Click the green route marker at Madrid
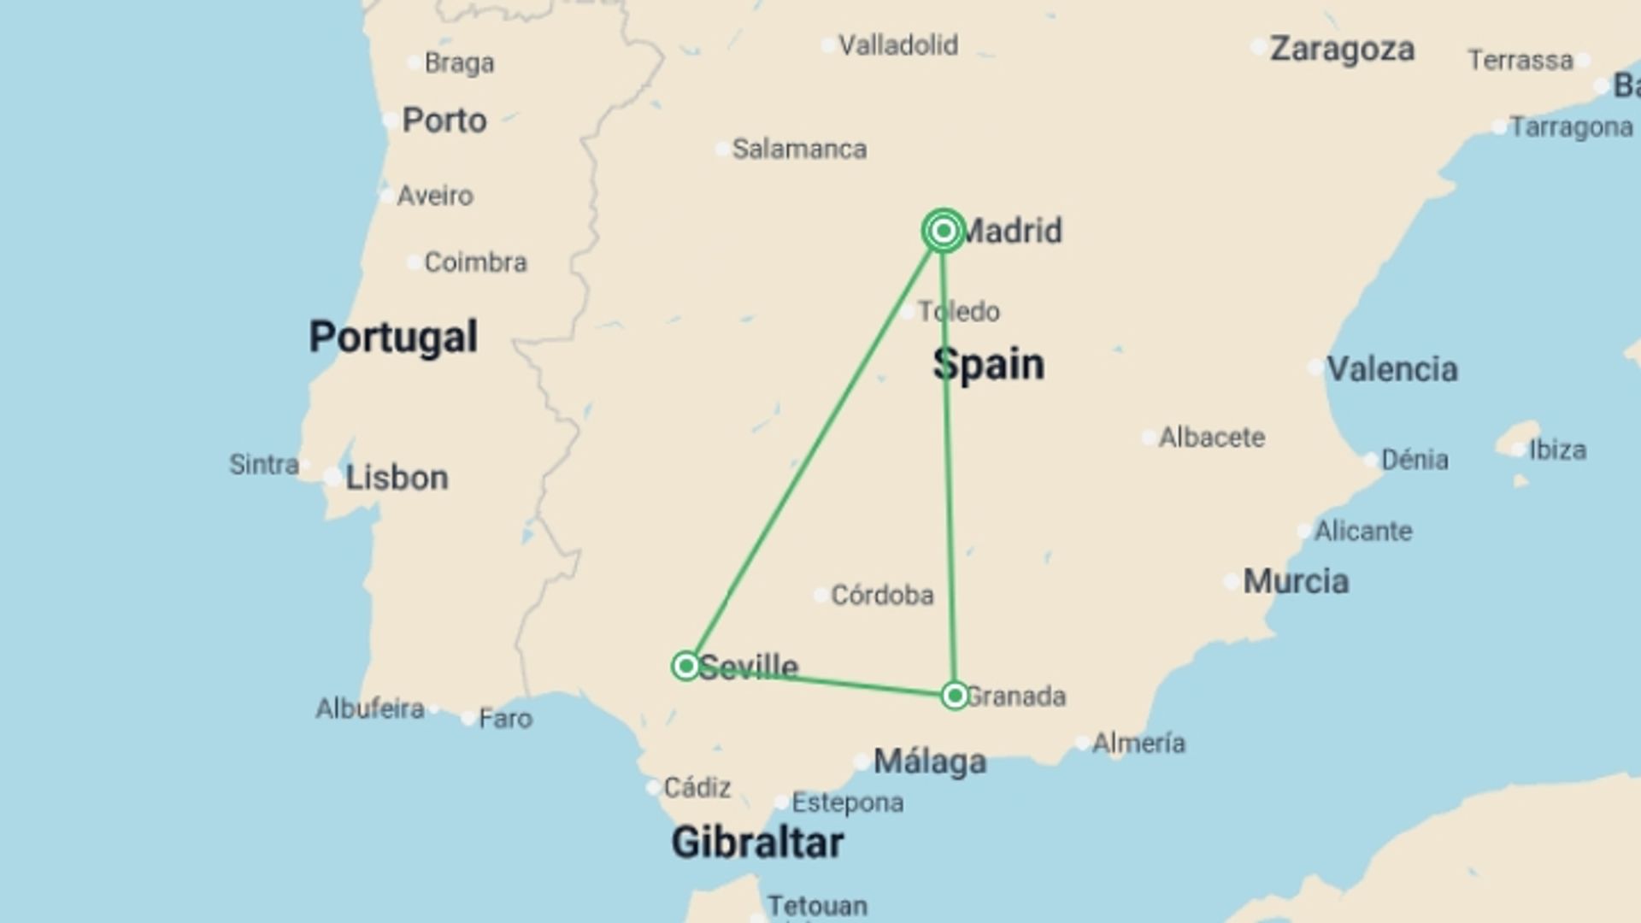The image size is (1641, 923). point(944,231)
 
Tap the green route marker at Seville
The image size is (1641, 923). point(685,666)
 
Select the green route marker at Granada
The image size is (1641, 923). point(955,695)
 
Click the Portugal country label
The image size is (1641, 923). point(393,337)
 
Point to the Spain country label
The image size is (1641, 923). point(989,365)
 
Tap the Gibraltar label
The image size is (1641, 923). point(757,843)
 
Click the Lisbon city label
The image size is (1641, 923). point(397,478)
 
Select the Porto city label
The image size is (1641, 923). point(444,121)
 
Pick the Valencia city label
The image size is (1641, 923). point(1391,369)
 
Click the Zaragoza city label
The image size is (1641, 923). point(1342,49)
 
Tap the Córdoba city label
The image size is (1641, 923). point(882,595)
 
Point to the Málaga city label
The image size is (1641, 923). point(930,761)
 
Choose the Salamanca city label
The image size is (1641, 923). point(799,150)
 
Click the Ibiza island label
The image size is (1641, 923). point(1557,450)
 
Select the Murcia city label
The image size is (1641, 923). point(1296,582)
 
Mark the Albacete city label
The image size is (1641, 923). point(1211,438)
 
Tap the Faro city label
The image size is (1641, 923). point(505,719)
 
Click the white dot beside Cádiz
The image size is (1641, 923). point(653,787)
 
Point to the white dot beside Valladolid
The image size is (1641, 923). point(828,45)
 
